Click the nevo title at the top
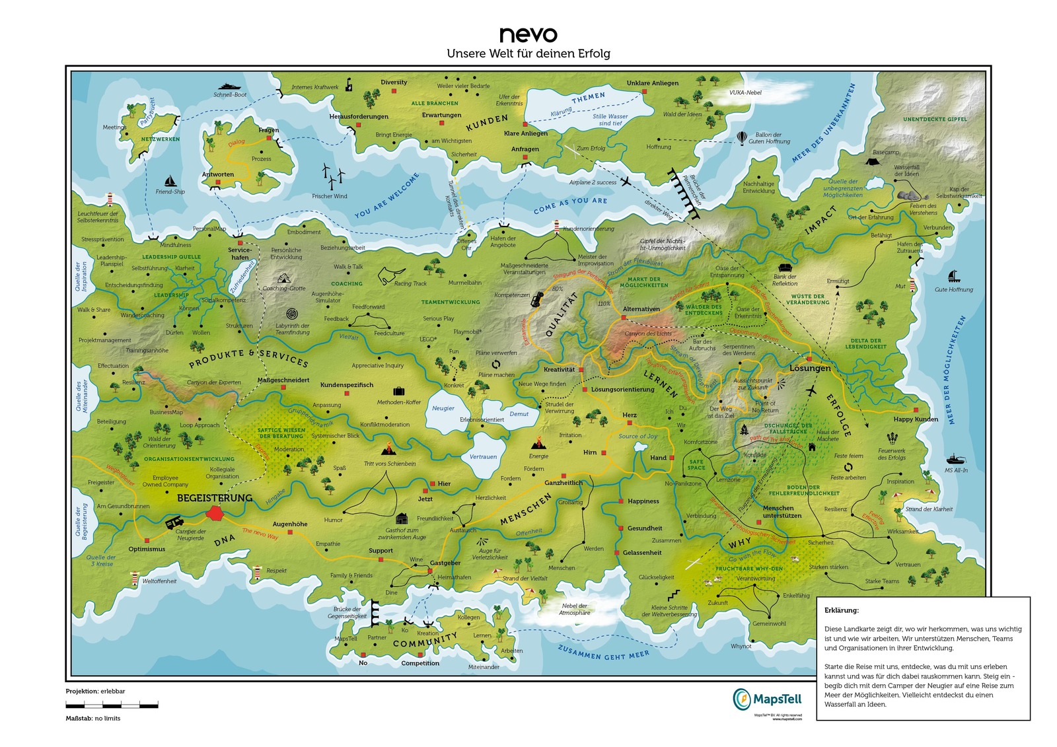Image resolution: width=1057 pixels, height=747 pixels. pos(528,34)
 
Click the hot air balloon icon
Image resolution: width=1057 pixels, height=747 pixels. pos(742,137)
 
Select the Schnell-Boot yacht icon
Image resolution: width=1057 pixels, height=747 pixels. pos(230,87)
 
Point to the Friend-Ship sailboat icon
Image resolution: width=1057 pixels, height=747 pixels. pos(170,181)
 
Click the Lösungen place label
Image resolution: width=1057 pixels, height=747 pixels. pos(810,369)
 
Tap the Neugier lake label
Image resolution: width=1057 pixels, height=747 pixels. pos(443,408)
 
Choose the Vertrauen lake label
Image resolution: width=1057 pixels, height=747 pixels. pos(483,457)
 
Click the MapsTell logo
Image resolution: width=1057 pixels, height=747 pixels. pos(766,699)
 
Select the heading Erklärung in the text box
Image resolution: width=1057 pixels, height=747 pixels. pos(841,611)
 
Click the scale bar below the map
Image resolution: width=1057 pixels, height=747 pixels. pos(112,705)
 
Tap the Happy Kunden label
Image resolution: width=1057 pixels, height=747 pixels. pos(915,419)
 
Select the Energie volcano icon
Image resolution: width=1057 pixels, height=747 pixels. pos(539,444)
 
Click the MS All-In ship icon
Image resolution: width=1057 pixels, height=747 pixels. pos(955,460)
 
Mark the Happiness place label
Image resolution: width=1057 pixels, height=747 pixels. pos(643,501)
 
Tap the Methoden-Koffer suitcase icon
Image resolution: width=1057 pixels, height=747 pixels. pos(398,392)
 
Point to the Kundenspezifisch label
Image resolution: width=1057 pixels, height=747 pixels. pos(347,385)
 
